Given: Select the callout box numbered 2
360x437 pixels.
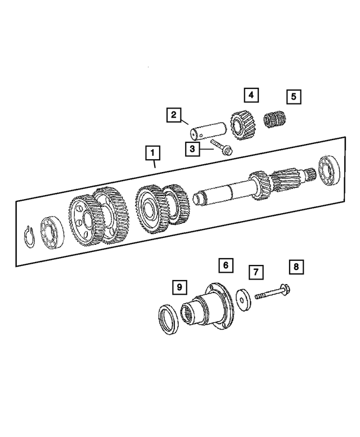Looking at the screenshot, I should point(174,116).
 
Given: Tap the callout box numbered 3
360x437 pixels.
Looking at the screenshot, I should point(192,149).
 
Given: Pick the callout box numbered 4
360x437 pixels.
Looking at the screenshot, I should point(251,95).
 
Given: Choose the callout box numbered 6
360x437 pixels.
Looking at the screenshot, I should point(225,264).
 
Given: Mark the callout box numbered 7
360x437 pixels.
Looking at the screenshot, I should point(255,272).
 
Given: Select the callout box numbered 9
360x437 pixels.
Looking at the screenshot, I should point(179,287).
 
